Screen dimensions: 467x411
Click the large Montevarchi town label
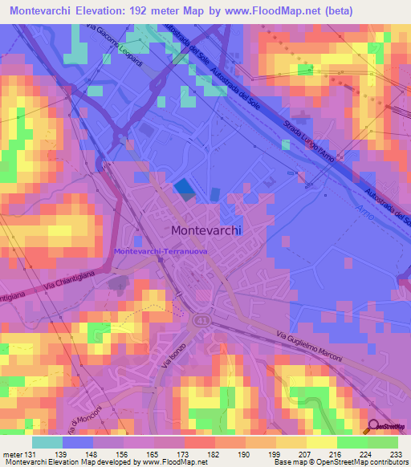point(206,229)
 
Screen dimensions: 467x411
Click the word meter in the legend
point(11,453)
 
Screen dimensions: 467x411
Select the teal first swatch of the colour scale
point(47,441)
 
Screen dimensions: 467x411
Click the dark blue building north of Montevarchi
point(184,188)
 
